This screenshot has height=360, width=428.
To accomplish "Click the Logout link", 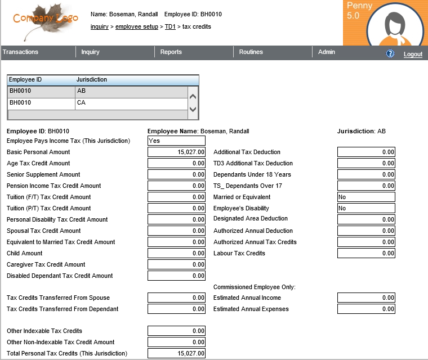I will pos(413,55).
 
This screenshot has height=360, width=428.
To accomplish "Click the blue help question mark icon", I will pos(390,54).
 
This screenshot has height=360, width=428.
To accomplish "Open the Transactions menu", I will pos(21,52).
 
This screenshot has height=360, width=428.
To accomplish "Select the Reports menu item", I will pos(171,52).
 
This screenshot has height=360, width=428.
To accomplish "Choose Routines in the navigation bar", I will pos(251,52).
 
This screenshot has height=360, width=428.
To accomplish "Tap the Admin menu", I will pos(327,52).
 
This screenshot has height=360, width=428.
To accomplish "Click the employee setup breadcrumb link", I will pos(137,26).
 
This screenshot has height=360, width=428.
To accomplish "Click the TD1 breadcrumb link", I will pos(170,26).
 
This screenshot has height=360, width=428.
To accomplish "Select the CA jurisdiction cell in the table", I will pos(131,103).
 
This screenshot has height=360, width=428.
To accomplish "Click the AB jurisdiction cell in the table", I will pos(131,91).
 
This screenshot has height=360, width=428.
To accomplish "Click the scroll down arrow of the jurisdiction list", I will pos(193,109).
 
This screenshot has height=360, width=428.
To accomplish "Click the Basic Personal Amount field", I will pos(176,152).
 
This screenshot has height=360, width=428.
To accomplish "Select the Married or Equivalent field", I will pos(366,197).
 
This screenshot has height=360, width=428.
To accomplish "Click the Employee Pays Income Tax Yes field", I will pos(176,141).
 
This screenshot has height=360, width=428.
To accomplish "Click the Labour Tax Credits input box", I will pos(366,253).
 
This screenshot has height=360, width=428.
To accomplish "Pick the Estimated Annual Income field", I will pos(366,298).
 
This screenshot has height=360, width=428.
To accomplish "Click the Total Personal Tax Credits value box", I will pos(176,353).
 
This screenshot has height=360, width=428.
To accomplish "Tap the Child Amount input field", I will pos(176,253).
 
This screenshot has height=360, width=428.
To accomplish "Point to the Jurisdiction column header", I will pos(92,80).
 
